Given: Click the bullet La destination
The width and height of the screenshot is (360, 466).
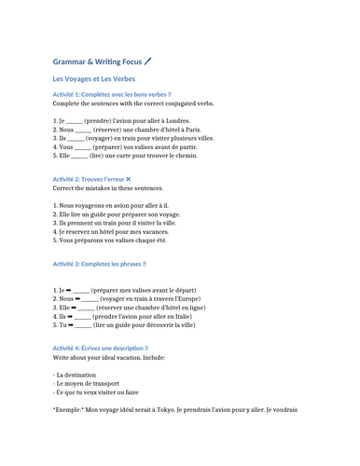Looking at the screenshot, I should click(x=77, y=374).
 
